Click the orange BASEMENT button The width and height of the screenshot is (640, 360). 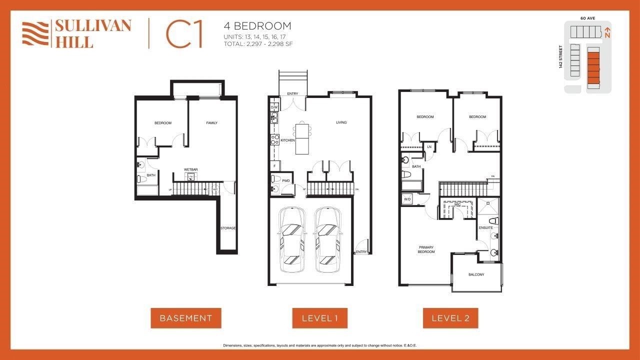coord(185,318)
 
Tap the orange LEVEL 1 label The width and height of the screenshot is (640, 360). coord(319,318)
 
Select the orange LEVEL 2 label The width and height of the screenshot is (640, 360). coord(450,318)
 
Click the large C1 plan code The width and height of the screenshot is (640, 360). coord(184,34)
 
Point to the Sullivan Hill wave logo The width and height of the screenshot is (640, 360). coord(35,33)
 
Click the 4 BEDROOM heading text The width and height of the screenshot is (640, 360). coord(257,26)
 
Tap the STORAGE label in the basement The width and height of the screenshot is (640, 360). coord(228,228)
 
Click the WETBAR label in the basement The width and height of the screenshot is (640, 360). coord(190,170)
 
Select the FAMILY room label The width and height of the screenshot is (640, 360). coord(212,123)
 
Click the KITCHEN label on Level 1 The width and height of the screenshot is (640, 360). coord(287,140)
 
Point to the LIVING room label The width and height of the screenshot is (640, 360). coord(341,122)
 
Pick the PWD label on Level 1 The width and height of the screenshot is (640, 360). coord(286,180)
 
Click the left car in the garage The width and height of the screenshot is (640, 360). coord(292,240)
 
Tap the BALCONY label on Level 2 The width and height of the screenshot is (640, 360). coord(476,274)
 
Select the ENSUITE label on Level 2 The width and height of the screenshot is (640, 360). coord(486,228)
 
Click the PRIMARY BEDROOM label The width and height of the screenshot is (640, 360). coord(426,249)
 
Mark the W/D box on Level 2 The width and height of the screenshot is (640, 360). coord(407,200)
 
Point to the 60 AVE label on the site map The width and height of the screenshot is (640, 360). coord(587,18)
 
